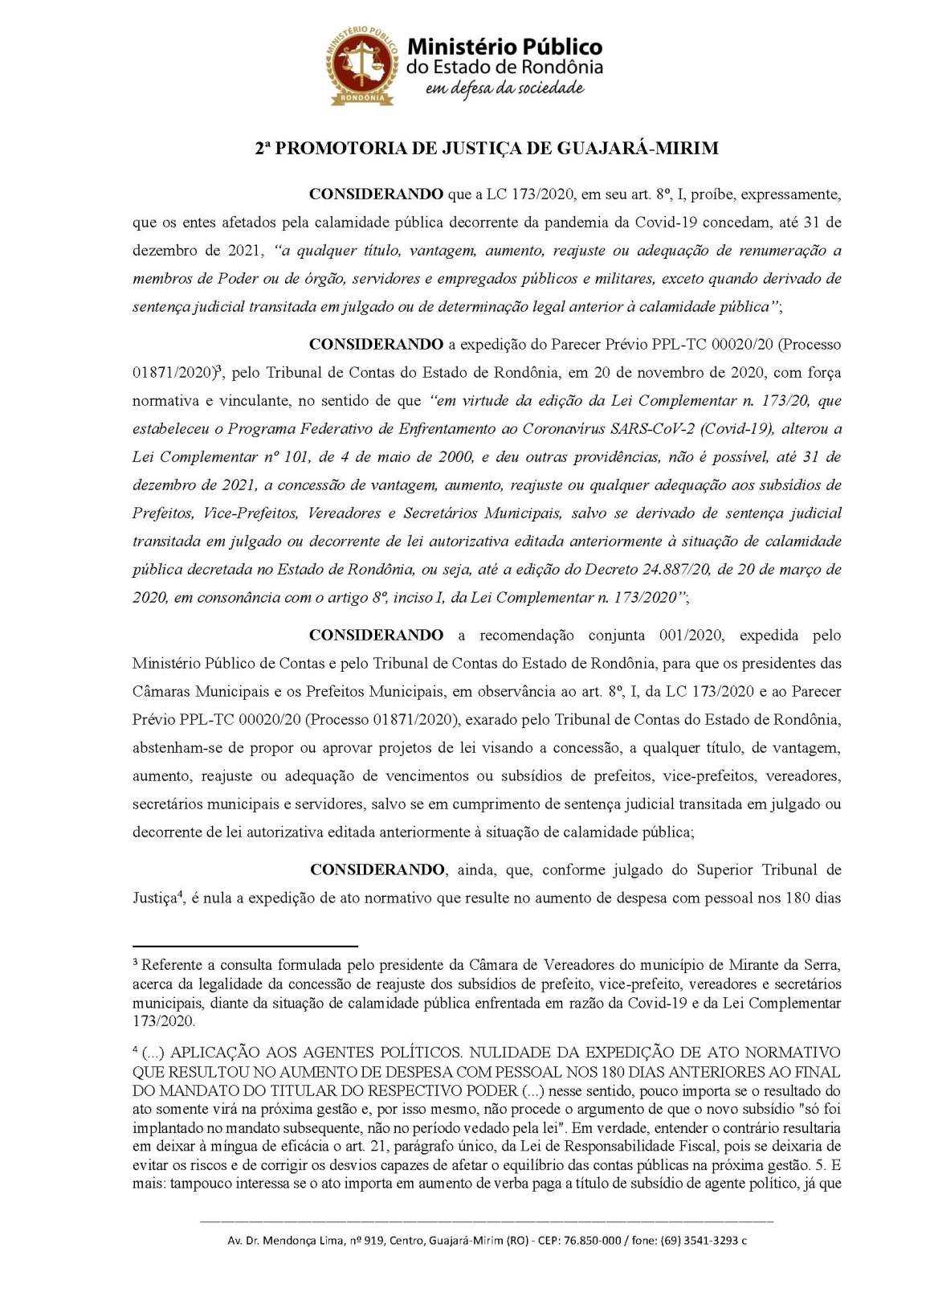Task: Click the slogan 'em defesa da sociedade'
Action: click(504, 88)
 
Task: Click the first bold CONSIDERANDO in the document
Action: click(376, 194)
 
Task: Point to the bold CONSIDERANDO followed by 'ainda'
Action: click(377, 870)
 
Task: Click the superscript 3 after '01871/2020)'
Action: click(218, 369)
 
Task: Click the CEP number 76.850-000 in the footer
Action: click(592, 1241)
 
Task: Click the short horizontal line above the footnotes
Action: click(245, 947)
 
